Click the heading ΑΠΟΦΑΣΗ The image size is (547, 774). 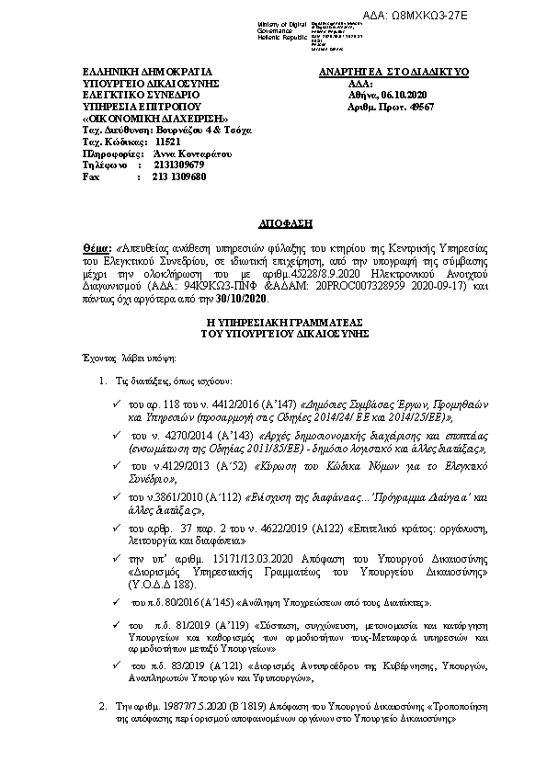(273, 223)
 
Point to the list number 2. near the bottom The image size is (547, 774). (102, 706)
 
